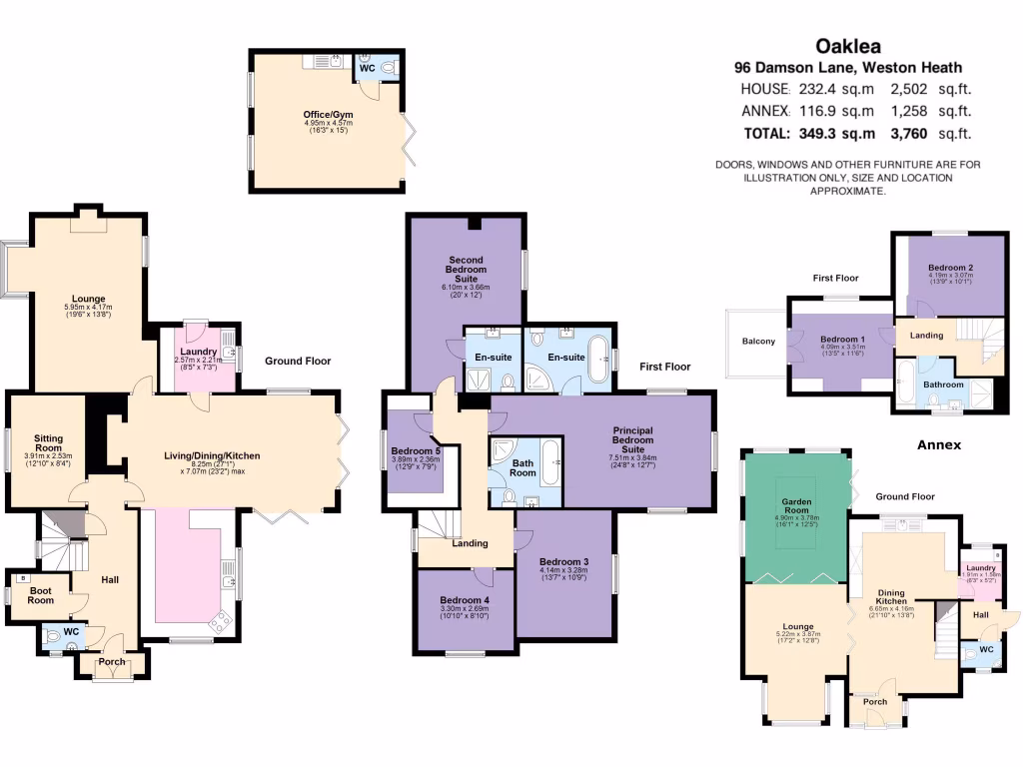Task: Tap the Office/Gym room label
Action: (x=329, y=115)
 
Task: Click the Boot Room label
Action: (x=40, y=595)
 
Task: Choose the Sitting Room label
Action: (x=48, y=443)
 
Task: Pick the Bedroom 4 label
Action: (x=466, y=600)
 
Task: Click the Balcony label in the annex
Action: (x=757, y=342)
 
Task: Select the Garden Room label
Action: (x=796, y=507)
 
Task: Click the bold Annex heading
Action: (x=939, y=444)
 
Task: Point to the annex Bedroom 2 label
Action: (x=950, y=268)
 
